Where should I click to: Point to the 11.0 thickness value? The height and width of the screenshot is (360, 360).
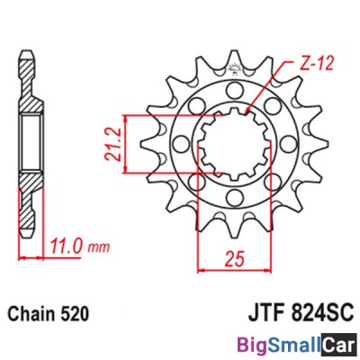point(63,244)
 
